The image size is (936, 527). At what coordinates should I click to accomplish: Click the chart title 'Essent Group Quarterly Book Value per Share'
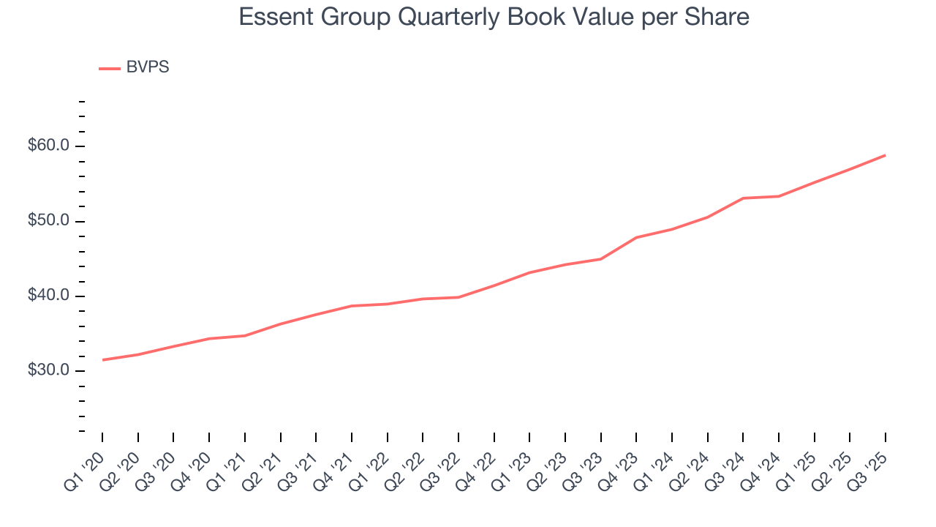(494, 17)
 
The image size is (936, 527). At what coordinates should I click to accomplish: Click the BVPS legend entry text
(148, 67)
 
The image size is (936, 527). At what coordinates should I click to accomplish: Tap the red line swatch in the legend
(110, 69)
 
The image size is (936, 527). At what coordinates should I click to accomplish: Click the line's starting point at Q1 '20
(102, 359)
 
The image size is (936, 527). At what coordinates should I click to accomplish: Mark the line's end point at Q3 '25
(886, 155)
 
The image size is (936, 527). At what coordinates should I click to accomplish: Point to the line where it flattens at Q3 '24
(743, 198)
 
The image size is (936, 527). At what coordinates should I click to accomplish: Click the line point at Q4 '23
(636, 237)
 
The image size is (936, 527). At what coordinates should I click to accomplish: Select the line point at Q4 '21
(352, 306)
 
